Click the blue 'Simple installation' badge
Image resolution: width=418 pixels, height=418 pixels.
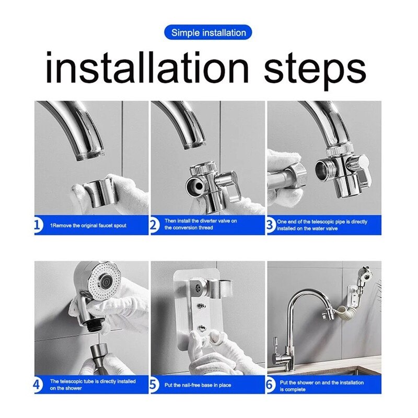click(x=208, y=32)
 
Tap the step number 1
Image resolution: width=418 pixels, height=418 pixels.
click(x=37, y=225)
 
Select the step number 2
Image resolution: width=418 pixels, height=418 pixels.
click(x=154, y=225)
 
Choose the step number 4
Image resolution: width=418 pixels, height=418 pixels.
click(x=37, y=386)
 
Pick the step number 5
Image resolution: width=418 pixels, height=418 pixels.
click(x=154, y=386)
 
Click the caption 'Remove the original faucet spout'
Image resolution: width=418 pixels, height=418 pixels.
click(x=89, y=225)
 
